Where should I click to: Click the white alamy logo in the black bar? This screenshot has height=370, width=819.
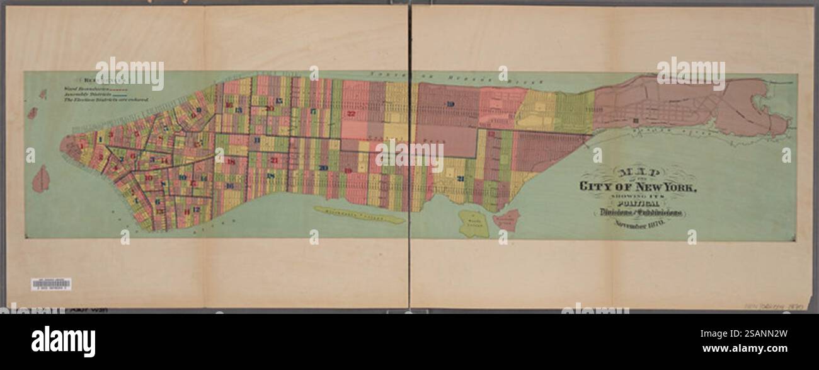(x=63, y=341)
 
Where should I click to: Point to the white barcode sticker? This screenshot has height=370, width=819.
(x=51, y=284)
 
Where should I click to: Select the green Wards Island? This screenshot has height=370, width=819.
(x=473, y=224)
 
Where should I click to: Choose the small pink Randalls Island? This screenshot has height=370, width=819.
(x=506, y=220)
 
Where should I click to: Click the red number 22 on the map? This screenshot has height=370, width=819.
(x=351, y=114)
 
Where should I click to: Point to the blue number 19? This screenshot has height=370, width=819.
(x=450, y=104)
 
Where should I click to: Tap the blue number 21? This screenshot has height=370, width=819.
(x=461, y=178)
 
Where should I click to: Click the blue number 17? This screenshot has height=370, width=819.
(x=312, y=112)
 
